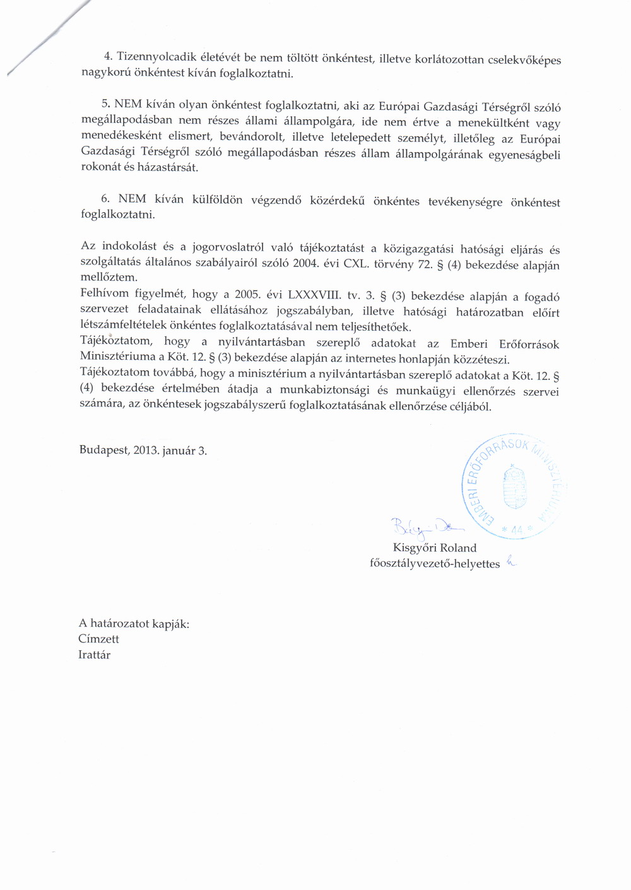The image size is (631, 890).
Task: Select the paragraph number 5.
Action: (105, 104)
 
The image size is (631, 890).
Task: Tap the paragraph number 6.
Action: (105, 199)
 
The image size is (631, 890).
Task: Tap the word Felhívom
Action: (105, 294)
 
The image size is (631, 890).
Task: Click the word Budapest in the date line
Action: (103, 451)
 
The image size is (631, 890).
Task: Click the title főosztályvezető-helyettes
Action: (434, 564)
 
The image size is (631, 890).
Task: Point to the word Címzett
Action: (98, 639)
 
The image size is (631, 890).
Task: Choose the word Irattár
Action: (94, 655)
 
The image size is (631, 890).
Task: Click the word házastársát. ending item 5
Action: (170, 168)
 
